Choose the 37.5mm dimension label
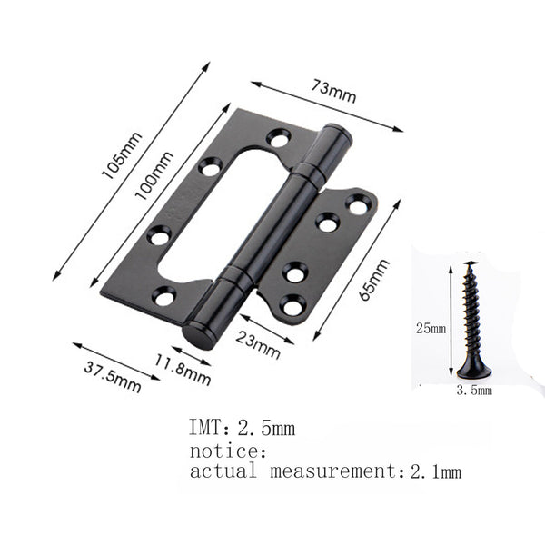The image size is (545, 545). pos(112,376)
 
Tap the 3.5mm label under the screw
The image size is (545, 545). pos(473,391)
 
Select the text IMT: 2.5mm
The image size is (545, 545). pos(241,427)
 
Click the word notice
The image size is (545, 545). pos(227,450)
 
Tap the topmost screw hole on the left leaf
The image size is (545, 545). pos(277,138)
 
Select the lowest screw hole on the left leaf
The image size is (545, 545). pos(163,296)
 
